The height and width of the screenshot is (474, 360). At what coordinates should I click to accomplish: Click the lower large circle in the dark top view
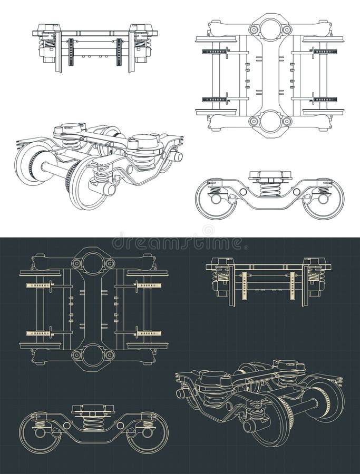pyautogui.click(x=93, y=356)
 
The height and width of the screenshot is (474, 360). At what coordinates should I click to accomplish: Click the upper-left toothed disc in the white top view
pyautogui.click(x=216, y=52)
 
